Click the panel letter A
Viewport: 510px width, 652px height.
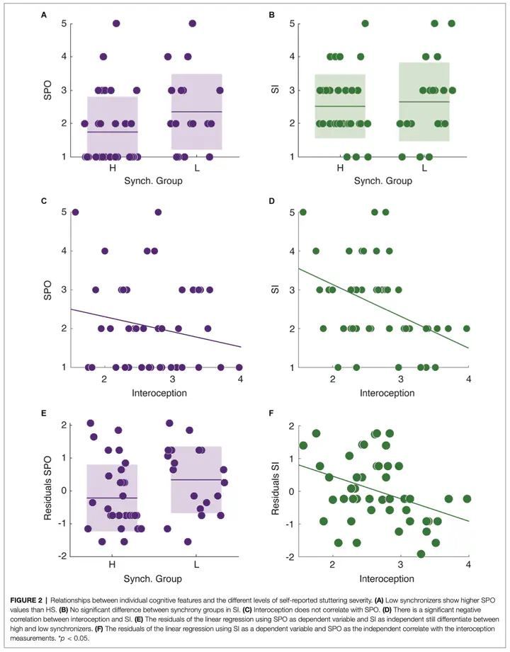point(45,13)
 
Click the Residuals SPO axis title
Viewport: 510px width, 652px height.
point(48,491)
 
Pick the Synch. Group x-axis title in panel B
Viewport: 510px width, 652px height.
point(382,181)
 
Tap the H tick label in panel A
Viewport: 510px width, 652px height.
point(113,168)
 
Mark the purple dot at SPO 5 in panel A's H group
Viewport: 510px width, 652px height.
point(116,23)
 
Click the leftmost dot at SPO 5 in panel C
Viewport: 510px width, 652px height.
point(75,212)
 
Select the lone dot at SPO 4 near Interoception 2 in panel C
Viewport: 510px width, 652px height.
point(105,251)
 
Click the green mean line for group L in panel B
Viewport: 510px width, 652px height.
point(424,102)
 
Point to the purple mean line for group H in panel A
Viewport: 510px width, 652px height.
point(113,132)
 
